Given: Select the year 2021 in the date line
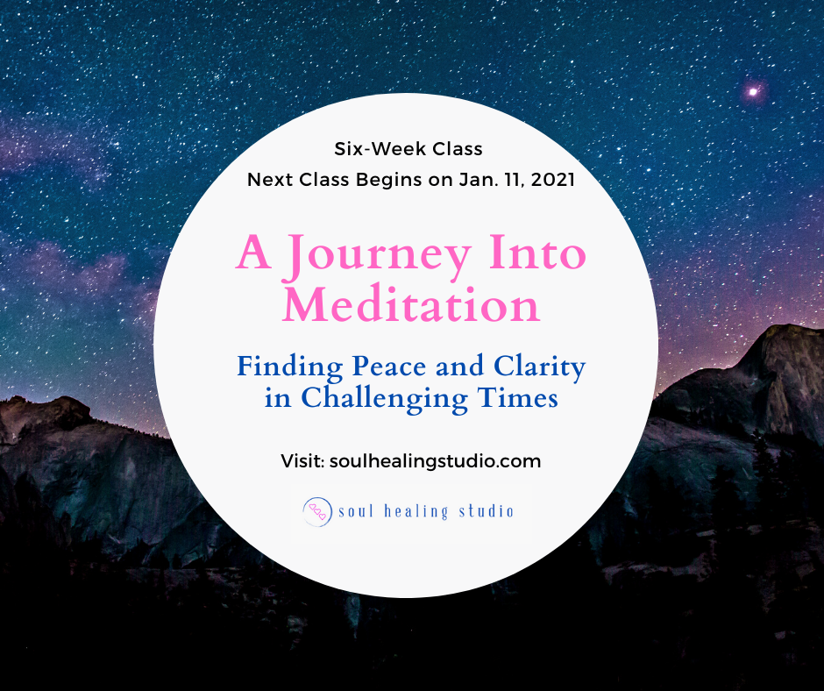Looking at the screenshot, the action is click(x=553, y=180).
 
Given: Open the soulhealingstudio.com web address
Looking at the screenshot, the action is click(x=435, y=462).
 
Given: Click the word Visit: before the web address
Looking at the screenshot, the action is click(x=302, y=461).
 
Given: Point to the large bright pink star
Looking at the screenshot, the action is click(x=753, y=92).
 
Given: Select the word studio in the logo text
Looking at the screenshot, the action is click(x=487, y=511).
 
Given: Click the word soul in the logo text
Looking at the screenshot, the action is click(x=356, y=511).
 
